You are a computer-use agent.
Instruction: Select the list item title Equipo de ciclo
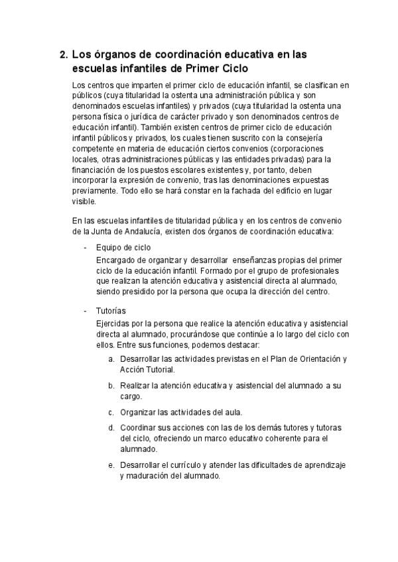pos(123,247)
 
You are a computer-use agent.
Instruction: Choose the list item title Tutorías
pos(111,311)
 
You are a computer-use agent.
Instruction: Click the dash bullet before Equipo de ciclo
pos(85,247)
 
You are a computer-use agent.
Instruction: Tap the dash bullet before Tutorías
pos(85,311)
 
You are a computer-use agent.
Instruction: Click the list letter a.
pos(111,359)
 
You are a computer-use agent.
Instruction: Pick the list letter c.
pos(111,412)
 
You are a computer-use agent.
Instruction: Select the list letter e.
pos(111,466)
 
